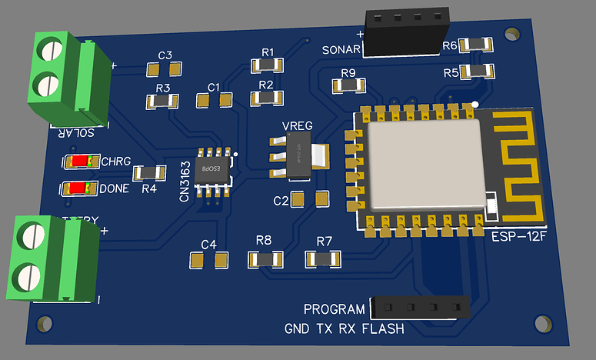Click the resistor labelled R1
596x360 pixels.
click(268, 66)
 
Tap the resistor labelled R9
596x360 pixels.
click(348, 85)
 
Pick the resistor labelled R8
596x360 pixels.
click(263, 259)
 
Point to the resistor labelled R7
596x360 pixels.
click(323, 259)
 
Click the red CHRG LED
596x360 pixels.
click(82, 162)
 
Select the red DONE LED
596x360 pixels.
click(79, 188)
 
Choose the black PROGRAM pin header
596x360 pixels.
click(420, 308)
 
